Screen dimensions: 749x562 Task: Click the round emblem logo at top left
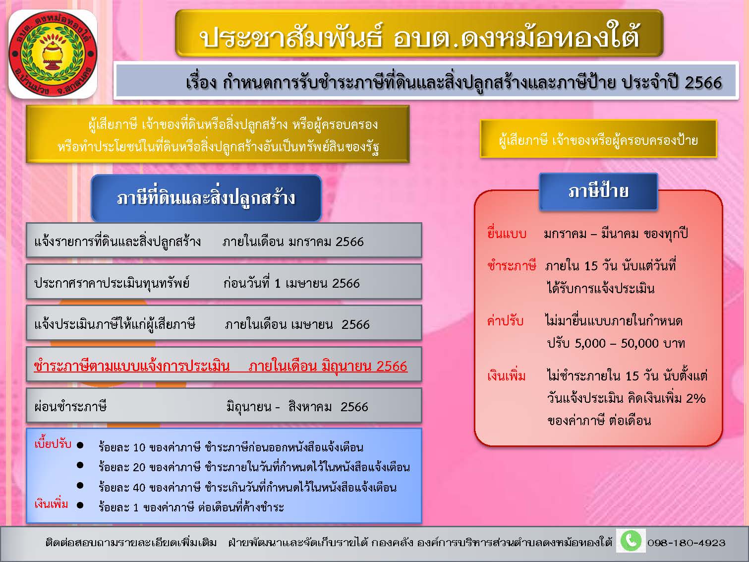point(53,54)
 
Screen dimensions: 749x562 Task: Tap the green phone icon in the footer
point(631,541)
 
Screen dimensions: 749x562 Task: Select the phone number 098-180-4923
point(686,543)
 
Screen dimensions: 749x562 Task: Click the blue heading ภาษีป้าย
point(598,191)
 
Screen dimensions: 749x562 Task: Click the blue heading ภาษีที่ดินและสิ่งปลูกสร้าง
point(206,198)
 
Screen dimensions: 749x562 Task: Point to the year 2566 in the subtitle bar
point(703,83)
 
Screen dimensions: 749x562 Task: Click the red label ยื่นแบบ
point(507,234)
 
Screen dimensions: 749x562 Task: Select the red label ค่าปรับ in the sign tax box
point(505,321)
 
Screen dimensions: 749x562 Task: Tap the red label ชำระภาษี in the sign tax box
point(512,265)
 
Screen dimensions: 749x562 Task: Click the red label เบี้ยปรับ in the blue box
point(53,444)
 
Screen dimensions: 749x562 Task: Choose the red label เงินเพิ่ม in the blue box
point(51,504)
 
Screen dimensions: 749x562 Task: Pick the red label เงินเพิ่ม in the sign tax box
point(507,375)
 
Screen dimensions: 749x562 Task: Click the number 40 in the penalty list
point(139,487)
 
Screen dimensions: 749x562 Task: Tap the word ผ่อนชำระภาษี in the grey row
point(70,407)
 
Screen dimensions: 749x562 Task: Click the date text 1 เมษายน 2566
point(317,283)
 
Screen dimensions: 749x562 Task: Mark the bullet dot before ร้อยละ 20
point(80,465)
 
